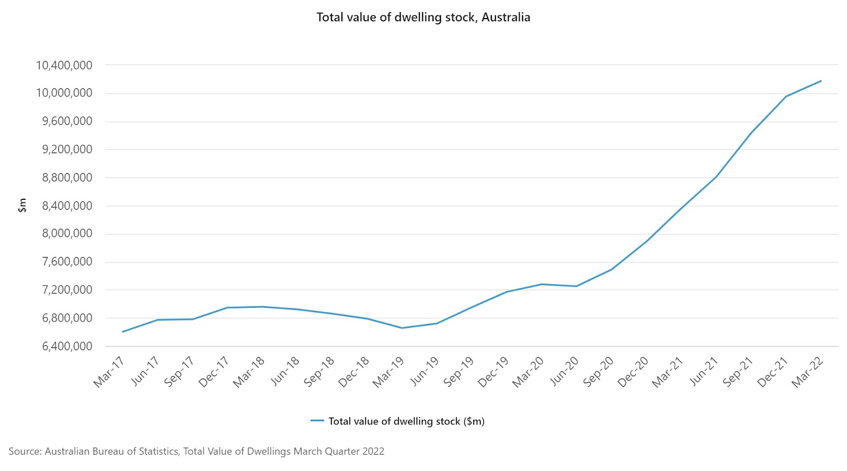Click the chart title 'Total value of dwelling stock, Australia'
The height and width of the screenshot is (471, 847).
pyautogui.click(x=423, y=17)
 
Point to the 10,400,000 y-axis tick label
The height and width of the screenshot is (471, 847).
pyautogui.click(x=64, y=66)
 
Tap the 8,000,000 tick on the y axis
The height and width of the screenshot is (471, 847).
pyautogui.click(x=67, y=234)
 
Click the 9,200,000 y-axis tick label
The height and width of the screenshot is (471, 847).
pyautogui.click(x=67, y=149)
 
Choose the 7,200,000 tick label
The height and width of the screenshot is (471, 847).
pyautogui.click(x=67, y=290)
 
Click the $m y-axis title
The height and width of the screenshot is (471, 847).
pyautogui.click(x=22, y=205)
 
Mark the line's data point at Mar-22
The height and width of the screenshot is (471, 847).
pyautogui.click(x=821, y=81)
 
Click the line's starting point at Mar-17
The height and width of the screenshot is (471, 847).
pyautogui.click(x=123, y=332)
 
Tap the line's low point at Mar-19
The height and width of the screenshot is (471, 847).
pyautogui.click(x=402, y=328)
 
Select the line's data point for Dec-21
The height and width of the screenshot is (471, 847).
pyautogui.click(x=786, y=96)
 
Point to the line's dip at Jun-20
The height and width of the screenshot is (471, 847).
pyautogui.click(x=576, y=286)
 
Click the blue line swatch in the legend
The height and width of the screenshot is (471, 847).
pyautogui.click(x=317, y=421)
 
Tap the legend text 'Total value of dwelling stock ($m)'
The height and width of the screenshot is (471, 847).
pyautogui.click(x=407, y=421)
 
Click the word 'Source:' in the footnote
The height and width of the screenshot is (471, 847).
pyautogui.click(x=25, y=451)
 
